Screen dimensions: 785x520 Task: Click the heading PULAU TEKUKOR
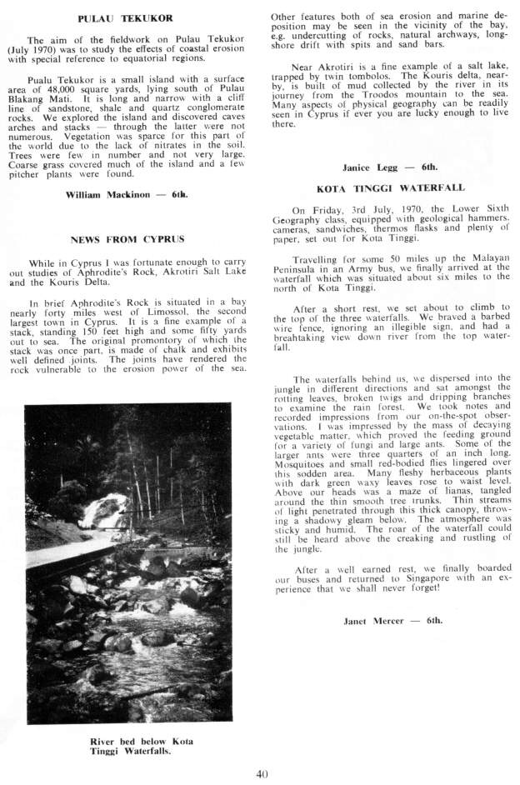(125, 17)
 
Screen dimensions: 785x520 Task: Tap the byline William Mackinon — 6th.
(126, 194)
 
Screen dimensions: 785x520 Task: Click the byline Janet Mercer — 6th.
(392, 621)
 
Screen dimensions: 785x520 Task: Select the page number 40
(262, 774)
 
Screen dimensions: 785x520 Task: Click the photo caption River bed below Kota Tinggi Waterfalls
(130, 746)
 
